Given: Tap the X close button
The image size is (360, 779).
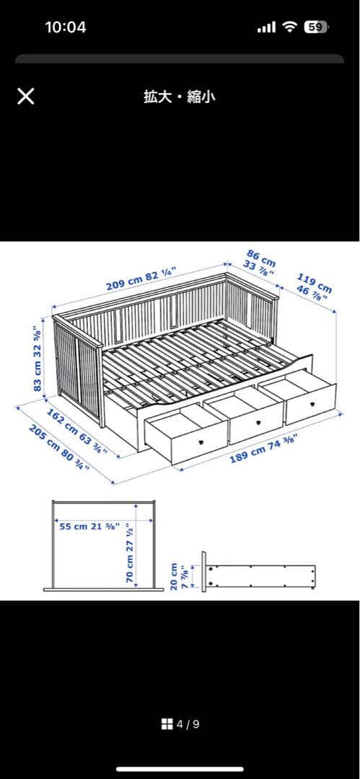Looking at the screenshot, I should click(x=25, y=97).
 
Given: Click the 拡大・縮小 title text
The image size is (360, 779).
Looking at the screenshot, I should click(x=180, y=97).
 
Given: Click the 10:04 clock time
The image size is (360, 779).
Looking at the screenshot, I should click(x=65, y=27).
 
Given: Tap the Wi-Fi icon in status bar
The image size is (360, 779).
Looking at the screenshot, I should click(x=290, y=27).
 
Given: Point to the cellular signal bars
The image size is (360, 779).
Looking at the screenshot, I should click(x=267, y=27).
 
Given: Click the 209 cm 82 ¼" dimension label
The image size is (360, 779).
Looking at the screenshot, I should click(x=141, y=278).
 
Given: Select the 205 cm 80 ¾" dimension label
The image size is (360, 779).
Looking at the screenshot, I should click(x=59, y=448).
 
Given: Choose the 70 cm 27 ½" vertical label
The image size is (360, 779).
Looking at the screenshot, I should click(x=131, y=553).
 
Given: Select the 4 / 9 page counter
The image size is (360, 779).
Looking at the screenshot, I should click(x=188, y=723).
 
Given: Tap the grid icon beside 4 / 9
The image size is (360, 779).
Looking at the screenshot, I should click(x=167, y=723).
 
